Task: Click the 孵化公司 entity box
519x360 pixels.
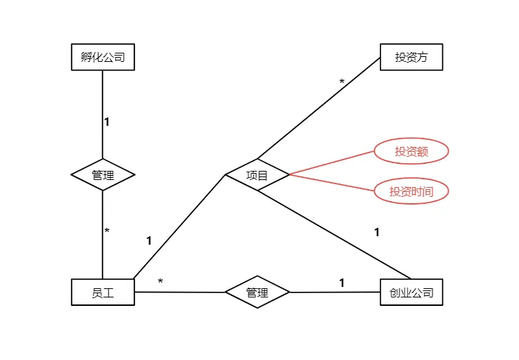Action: coord(103,57)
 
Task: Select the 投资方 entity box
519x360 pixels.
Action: coord(411,57)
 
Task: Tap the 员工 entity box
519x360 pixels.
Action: coord(103,292)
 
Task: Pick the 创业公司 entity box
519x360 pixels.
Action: coord(411,292)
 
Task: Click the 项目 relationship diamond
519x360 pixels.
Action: coord(257,174)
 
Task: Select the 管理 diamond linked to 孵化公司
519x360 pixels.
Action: coord(103,174)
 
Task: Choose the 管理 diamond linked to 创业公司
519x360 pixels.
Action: coord(257,292)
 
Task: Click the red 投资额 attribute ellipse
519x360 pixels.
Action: coord(411,151)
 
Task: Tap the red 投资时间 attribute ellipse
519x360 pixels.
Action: coord(411,191)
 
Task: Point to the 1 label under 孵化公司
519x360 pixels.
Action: coord(107,122)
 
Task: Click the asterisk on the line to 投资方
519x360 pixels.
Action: coord(342,82)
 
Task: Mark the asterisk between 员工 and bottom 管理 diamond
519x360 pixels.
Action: coord(160,282)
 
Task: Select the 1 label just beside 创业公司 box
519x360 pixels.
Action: coord(342,283)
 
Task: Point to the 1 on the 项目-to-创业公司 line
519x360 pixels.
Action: coord(377,232)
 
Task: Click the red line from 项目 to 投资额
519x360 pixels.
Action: coord(331,162)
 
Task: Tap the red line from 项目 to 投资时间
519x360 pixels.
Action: coord(331,182)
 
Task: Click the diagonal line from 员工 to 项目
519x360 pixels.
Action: coord(179,226)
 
